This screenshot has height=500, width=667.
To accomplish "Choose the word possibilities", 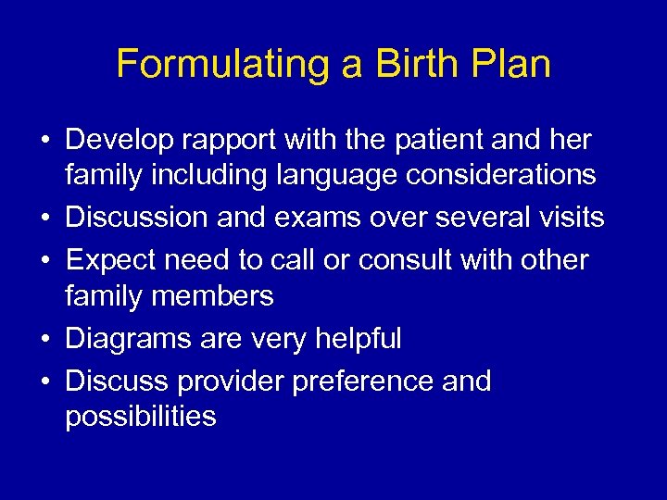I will pyautogui.click(x=140, y=417).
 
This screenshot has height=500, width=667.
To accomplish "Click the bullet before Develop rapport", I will pyautogui.click(x=45, y=141).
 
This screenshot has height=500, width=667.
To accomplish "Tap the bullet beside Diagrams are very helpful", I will pyautogui.click(x=45, y=339).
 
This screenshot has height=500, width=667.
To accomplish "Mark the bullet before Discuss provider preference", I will pyautogui.click(x=45, y=381).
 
